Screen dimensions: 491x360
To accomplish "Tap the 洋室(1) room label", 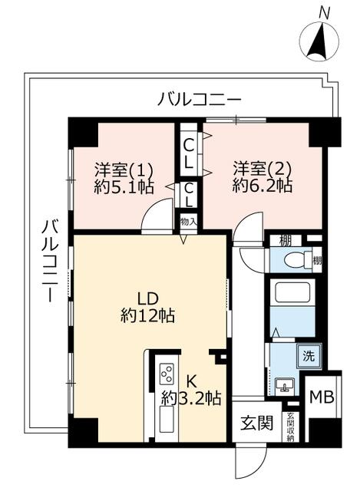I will point(124,168).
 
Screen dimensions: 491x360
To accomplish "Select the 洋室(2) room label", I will point(262,168).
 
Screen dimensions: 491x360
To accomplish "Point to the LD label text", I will point(147,298).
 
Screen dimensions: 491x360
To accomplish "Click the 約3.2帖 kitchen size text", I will point(191,398).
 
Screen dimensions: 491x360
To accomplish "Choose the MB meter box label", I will point(321,397).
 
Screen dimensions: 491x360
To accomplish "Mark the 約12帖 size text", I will point(147,315).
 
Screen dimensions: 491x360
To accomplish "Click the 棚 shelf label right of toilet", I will point(316,259).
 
